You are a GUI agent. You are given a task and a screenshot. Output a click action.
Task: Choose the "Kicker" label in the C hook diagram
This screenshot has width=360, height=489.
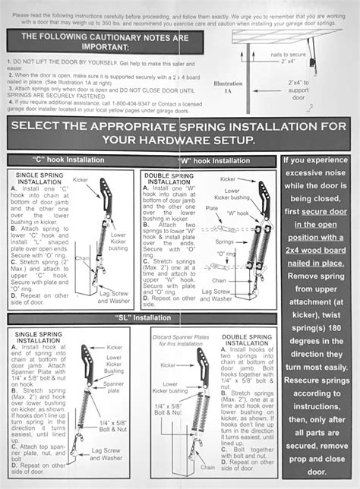pyautogui.click(x=81, y=179)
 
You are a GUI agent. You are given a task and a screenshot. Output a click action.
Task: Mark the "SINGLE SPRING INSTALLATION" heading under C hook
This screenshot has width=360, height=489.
pyautogui.click(x=33, y=178)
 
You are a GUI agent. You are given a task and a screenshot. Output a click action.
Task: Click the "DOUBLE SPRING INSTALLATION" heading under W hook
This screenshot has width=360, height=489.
pyautogui.click(x=169, y=178)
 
